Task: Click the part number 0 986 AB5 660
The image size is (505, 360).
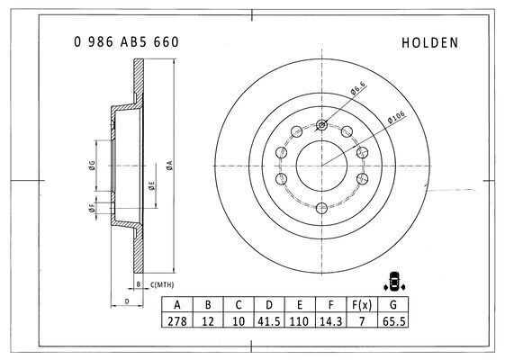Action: [126, 42]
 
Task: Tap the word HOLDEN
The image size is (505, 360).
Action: [430, 43]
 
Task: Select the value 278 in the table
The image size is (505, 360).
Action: [177, 321]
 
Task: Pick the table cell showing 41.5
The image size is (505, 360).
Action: [269, 321]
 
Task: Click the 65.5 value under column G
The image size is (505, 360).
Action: [393, 321]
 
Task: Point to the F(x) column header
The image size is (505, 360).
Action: [362, 304]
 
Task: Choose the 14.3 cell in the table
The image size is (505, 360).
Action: [330, 321]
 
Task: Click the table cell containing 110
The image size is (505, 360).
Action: [299, 321]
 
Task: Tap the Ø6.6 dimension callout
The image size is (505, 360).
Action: [358, 88]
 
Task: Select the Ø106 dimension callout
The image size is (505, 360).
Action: [396, 117]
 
